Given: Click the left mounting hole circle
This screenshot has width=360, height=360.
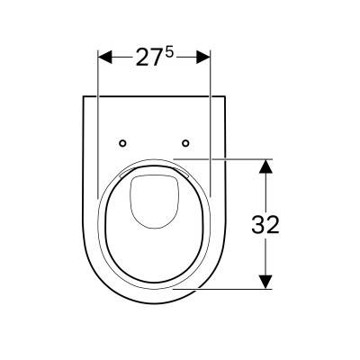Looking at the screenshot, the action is (x=122, y=143).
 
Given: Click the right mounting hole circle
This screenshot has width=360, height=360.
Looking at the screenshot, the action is (x=185, y=143).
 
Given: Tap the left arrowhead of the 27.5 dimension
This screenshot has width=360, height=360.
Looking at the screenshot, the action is (x=105, y=57).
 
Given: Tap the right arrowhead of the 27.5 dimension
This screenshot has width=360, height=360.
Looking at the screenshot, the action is (x=203, y=57).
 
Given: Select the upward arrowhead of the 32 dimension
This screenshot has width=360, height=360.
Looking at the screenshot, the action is (x=265, y=166).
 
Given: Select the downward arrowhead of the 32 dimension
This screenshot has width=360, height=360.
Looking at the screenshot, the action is (x=265, y=282).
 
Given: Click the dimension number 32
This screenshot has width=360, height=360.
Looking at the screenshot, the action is (x=265, y=224).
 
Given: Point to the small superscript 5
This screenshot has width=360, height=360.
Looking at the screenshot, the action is (x=169, y=53).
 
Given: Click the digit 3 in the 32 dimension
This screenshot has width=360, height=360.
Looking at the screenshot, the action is (x=258, y=224).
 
